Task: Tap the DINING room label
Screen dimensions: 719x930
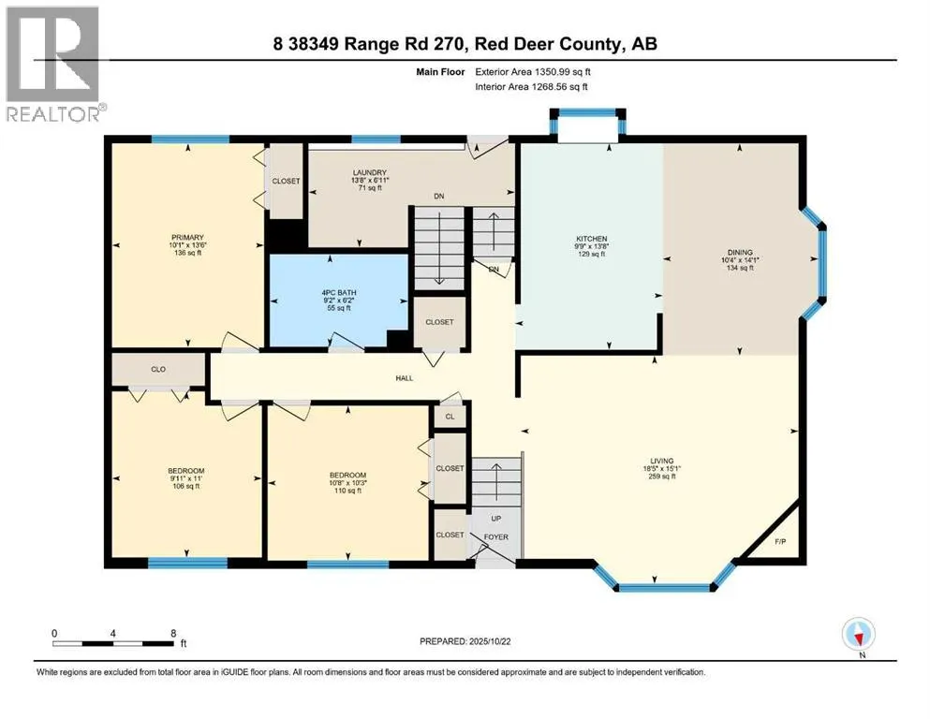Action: click(734, 253)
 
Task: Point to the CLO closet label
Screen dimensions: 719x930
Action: click(158, 370)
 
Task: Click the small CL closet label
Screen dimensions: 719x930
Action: click(450, 417)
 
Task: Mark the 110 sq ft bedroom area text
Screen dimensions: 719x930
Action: click(347, 491)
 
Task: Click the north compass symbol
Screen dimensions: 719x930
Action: click(857, 636)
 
